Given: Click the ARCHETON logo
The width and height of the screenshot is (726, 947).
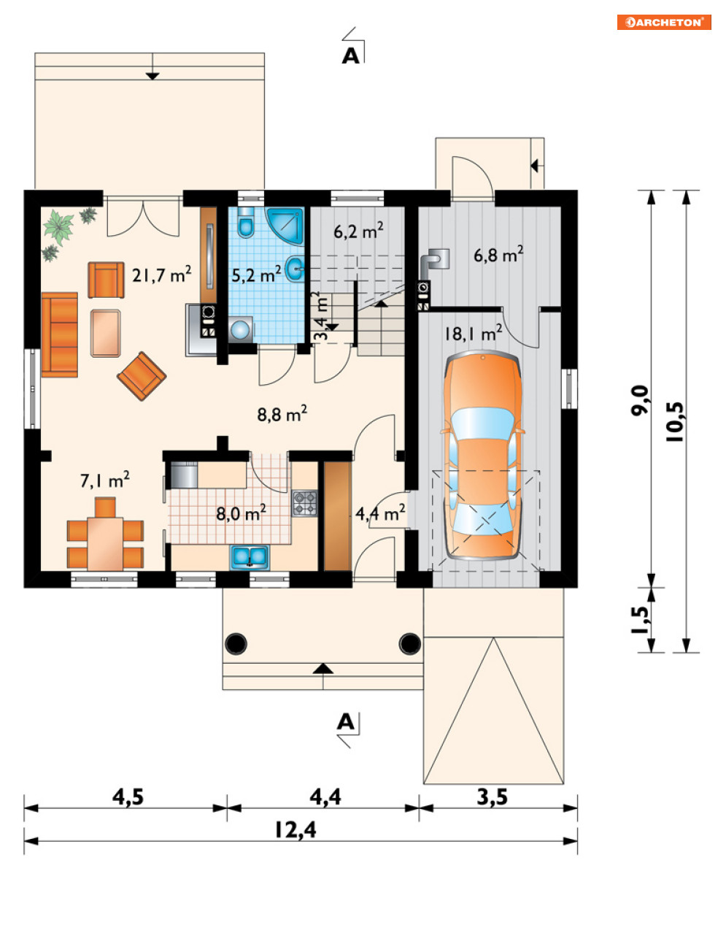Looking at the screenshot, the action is click(664, 22).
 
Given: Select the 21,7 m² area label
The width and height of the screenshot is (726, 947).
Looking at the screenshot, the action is click(161, 275).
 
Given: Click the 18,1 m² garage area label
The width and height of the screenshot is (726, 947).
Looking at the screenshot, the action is click(474, 333).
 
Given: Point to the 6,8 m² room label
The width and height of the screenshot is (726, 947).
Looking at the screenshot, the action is click(498, 255).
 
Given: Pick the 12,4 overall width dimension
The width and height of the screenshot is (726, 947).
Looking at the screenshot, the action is click(296, 829).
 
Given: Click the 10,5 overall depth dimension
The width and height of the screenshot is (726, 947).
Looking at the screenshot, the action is click(676, 421).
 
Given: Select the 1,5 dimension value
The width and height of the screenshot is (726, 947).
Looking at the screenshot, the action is click(641, 620).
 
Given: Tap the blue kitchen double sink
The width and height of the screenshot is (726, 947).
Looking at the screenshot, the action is click(250, 556).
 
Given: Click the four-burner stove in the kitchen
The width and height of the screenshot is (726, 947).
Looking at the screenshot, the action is click(304, 503).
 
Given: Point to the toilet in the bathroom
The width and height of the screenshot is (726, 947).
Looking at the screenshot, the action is click(246, 223).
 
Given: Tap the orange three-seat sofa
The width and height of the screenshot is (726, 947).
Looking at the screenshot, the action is click(60, 334).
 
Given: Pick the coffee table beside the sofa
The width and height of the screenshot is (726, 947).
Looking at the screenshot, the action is click(105, 333).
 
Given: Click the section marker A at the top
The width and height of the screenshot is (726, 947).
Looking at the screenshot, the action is click(351, 56).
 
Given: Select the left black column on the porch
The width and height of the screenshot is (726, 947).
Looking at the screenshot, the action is click(236, 643).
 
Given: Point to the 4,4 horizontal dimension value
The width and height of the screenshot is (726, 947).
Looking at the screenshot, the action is click(325, 797).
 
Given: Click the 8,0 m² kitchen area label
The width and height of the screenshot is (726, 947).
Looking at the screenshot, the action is click(241, 513).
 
